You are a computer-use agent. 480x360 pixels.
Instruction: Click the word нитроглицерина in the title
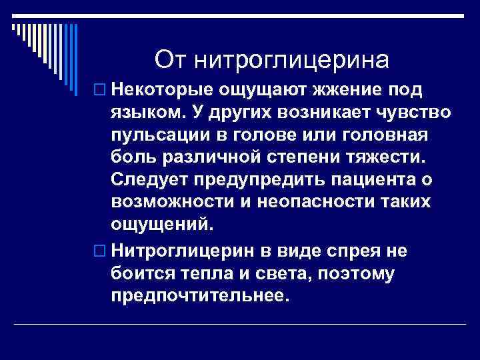click(291, 61)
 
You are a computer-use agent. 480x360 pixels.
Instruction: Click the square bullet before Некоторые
click(100, 90)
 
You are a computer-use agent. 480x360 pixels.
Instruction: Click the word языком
click(149, 112)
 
